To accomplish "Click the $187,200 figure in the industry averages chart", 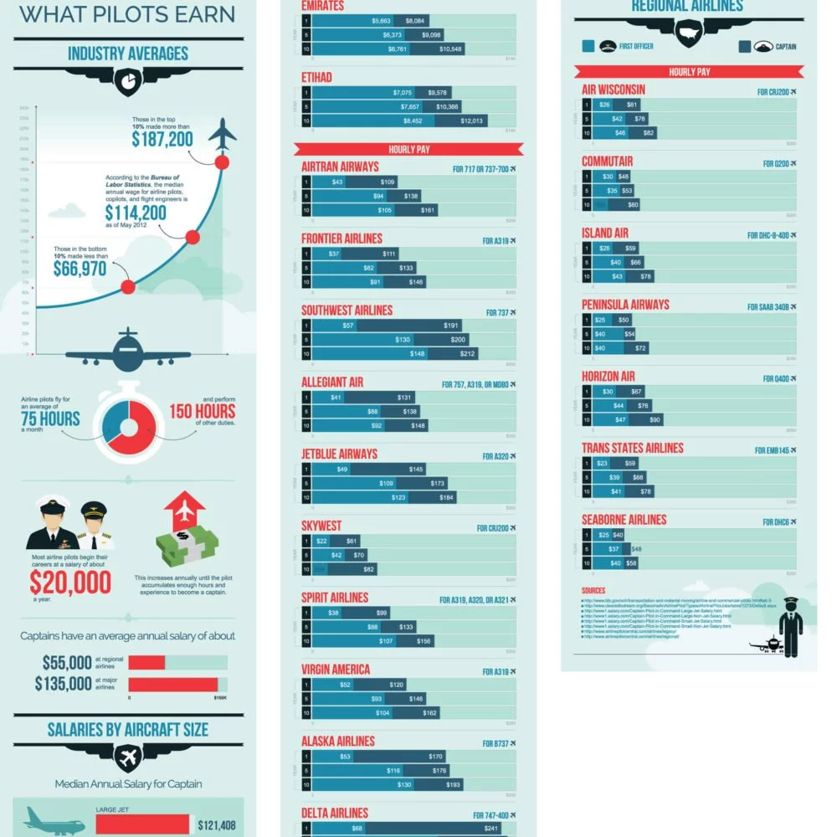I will tap(162, 139).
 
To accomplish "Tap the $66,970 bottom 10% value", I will tap(80, 269).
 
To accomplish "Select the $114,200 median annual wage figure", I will tap(136, 213).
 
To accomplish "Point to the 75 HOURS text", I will tap(51, 418).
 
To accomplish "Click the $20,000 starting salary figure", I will tap(70, 582).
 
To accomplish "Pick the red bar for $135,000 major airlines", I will tap(172, 685).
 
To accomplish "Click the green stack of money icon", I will tap(187, 542).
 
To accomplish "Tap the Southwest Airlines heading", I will tap(347, 311).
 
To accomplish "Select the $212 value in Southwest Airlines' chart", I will tap(467, 354).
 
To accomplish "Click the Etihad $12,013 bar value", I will tap(473, 121).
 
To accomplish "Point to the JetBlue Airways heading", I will tap(339, 454).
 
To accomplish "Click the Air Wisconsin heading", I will tap(614, 90).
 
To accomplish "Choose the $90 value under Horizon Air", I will tap(655, 419).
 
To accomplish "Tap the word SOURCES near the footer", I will tap(593, 591).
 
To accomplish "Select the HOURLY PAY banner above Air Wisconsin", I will tap(689, 72).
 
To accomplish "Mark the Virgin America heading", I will tap(336, 670).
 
